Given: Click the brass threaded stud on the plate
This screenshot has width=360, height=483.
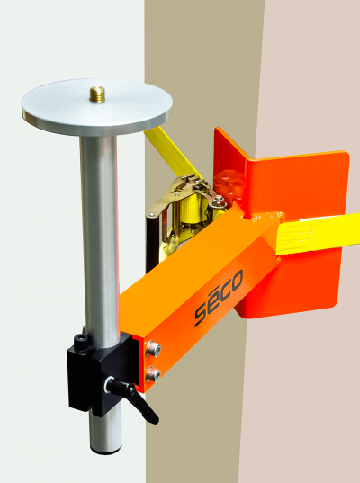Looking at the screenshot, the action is click(x=97, y=94).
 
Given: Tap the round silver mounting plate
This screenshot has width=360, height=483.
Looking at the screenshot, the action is click(x=97, y=107).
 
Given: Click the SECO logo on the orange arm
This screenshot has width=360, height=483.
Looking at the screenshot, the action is click(x=219, y=298).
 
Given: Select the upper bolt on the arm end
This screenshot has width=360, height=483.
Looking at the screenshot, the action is click(x=153, y=348).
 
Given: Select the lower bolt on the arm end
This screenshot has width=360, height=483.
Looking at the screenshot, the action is click(x=153, y=373).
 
